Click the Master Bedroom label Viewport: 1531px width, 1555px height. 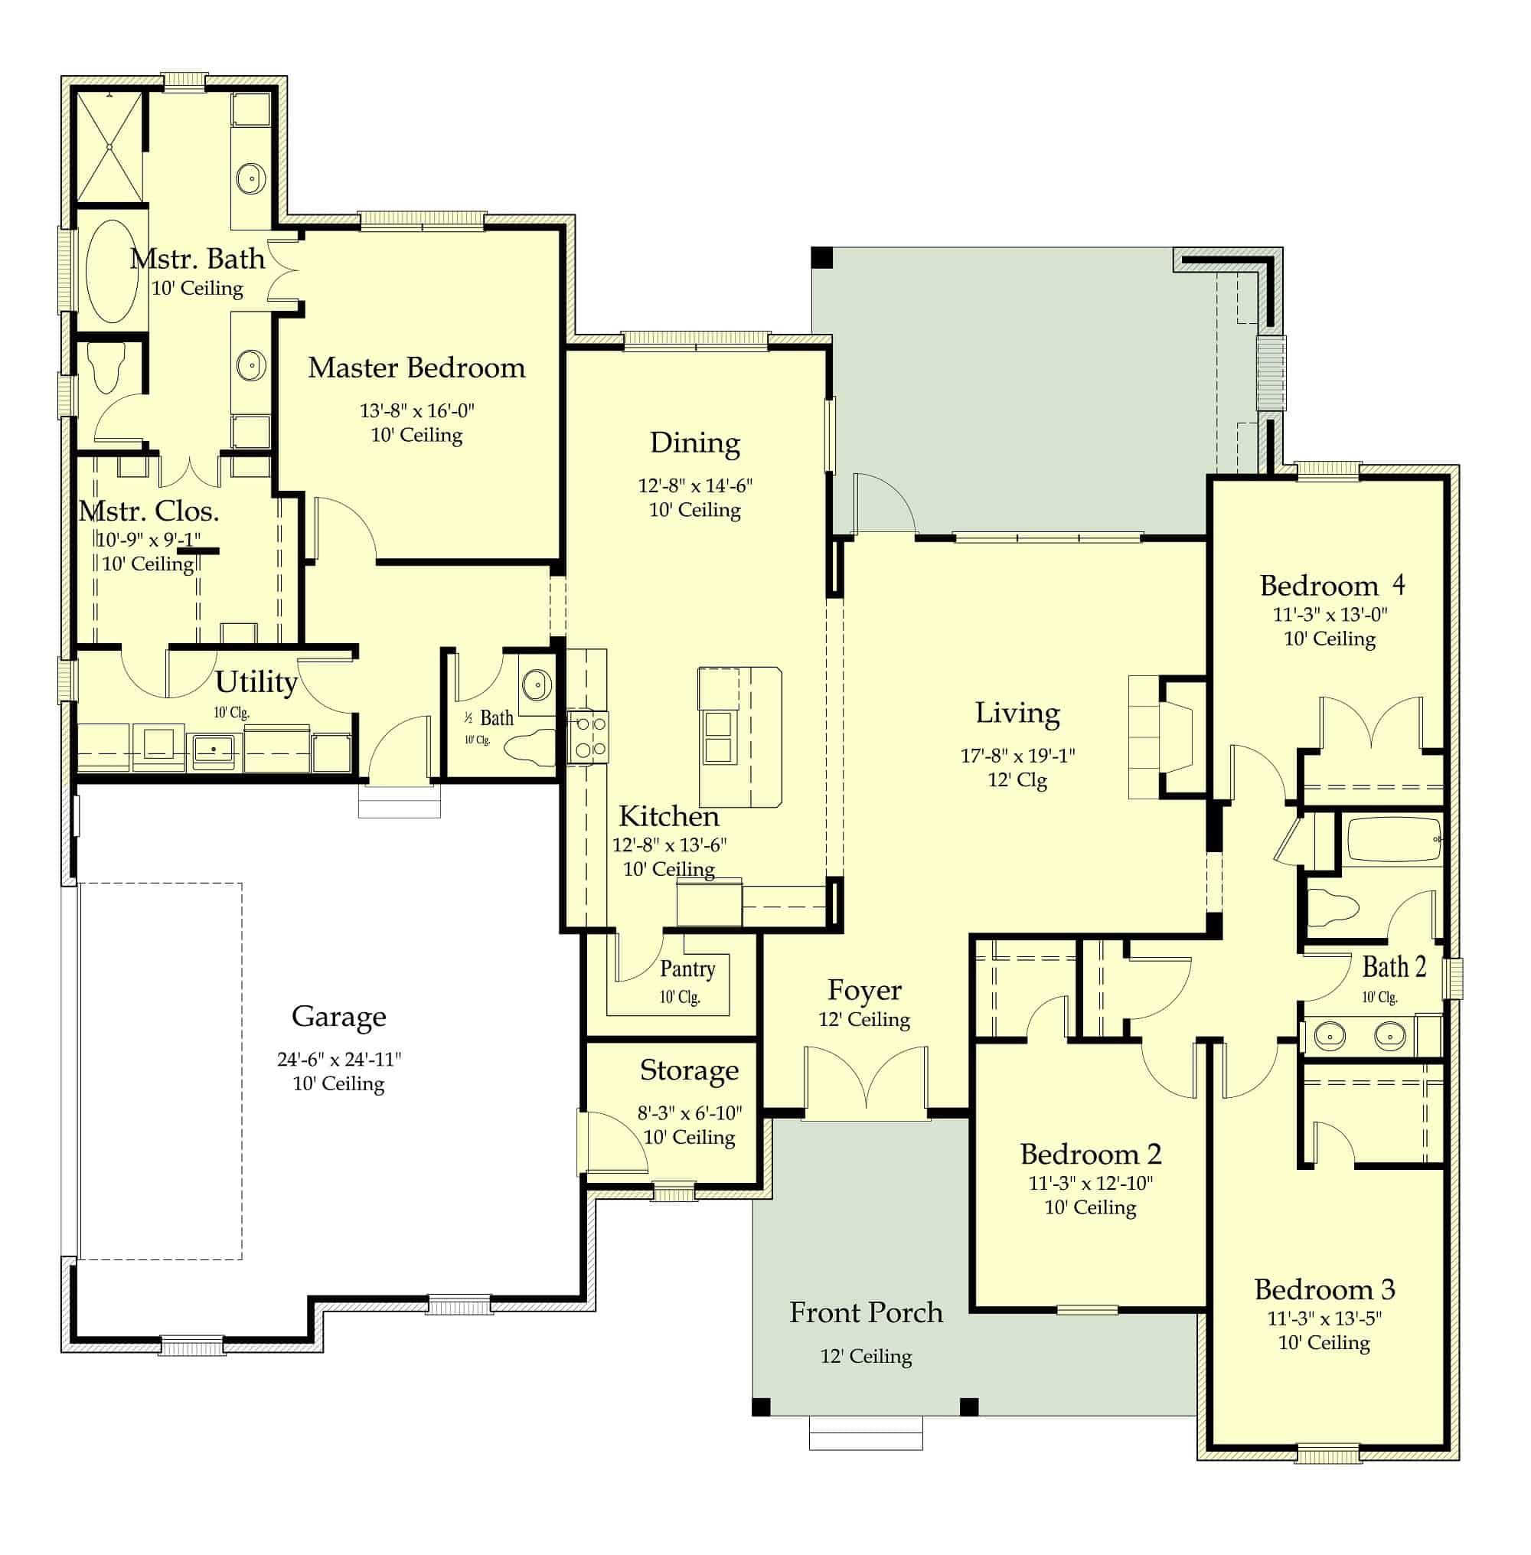(x=416, y=368)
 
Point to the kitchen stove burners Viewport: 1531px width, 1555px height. (x=588, y=737)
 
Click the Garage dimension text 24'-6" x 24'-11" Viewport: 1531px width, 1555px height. (x=339, y=1059)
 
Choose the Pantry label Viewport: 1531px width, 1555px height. (x=687, y=969)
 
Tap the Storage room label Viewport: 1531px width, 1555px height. (x=689, y=1070)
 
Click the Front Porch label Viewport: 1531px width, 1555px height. (x=866, y=1312)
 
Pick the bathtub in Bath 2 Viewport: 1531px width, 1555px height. (x=1393, y=839)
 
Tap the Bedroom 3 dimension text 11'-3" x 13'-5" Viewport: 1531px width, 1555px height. (x=1324, y=1318)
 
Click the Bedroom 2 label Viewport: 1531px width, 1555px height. (x=1091, y=1155)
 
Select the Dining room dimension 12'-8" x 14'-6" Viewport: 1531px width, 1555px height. (x=696, y=485)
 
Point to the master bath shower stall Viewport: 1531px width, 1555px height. (x=110, y=147)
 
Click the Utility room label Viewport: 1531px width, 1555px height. (x=256, y=683)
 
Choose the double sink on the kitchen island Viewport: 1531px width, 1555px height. (x=718, y=737)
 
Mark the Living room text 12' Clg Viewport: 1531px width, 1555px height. (x=1017, y=780)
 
